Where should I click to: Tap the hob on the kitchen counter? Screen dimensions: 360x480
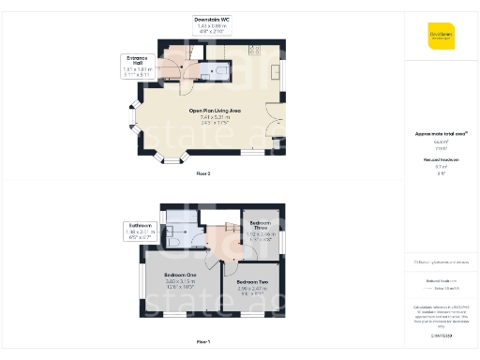coord(254,49)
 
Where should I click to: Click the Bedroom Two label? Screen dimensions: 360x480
coord(253,282)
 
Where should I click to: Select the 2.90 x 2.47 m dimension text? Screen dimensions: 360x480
coord(253,288)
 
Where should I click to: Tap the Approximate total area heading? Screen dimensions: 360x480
coord(442,134)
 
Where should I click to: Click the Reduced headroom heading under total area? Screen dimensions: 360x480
coord(442,160)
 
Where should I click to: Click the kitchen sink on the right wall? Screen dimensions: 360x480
coord(275,71)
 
